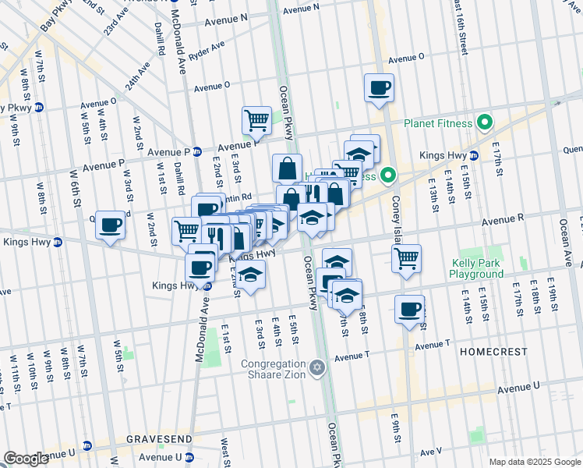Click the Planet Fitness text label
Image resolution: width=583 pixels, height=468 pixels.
[437, 123]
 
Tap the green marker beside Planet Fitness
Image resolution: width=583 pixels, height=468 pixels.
[485, 122]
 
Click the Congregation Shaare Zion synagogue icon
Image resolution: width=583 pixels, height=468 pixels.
[316, 367]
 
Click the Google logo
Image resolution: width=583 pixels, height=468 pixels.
[26, 459]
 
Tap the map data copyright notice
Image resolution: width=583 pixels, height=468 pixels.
[534, 462]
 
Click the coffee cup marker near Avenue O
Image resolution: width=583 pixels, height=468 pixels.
[379, 88]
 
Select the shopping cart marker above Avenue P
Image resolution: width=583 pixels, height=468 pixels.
[256, 121]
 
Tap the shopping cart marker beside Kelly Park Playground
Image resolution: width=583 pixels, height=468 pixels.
[407, 259]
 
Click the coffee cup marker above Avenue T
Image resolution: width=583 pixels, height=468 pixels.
[409, 310]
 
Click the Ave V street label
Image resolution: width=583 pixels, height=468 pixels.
[431, 452]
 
